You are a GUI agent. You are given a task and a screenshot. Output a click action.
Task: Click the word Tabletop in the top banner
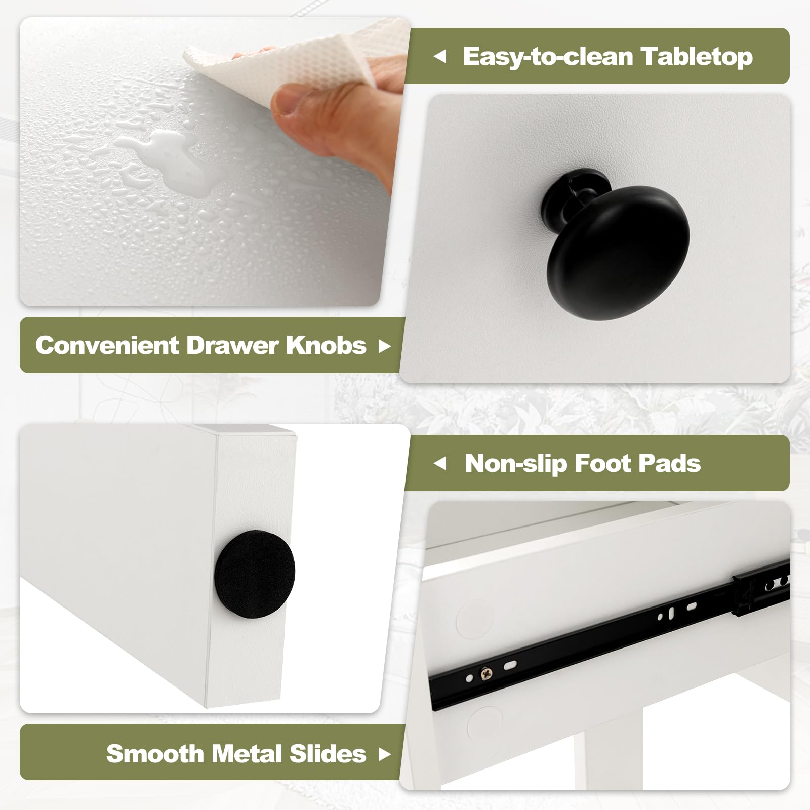click(697, 56)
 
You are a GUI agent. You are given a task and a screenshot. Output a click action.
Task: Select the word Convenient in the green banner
click(107, 345)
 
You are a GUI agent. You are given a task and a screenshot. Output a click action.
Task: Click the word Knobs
click(326, 345)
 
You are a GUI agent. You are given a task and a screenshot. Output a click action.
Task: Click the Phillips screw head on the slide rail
click(487, 673)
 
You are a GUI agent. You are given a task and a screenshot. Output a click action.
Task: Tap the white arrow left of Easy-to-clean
click(440, 57)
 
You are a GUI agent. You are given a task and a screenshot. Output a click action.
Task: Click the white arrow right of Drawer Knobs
click(385, 346)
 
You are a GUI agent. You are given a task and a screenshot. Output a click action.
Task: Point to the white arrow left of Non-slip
click(440, 463)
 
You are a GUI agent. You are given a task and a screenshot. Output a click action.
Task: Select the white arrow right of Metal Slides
click(385, 755)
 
